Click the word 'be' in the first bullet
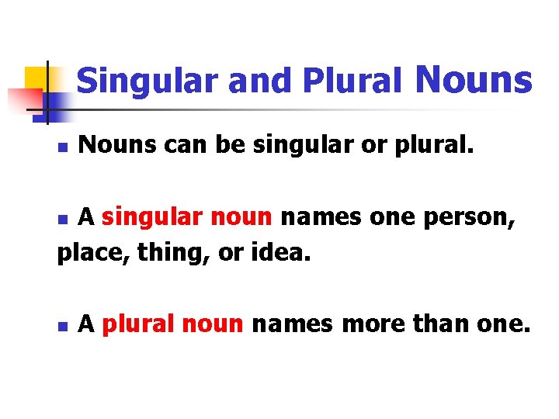pos(230,144)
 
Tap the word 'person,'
pos(475,218)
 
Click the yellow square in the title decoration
pos(36,78)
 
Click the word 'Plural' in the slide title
pos(352,81)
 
